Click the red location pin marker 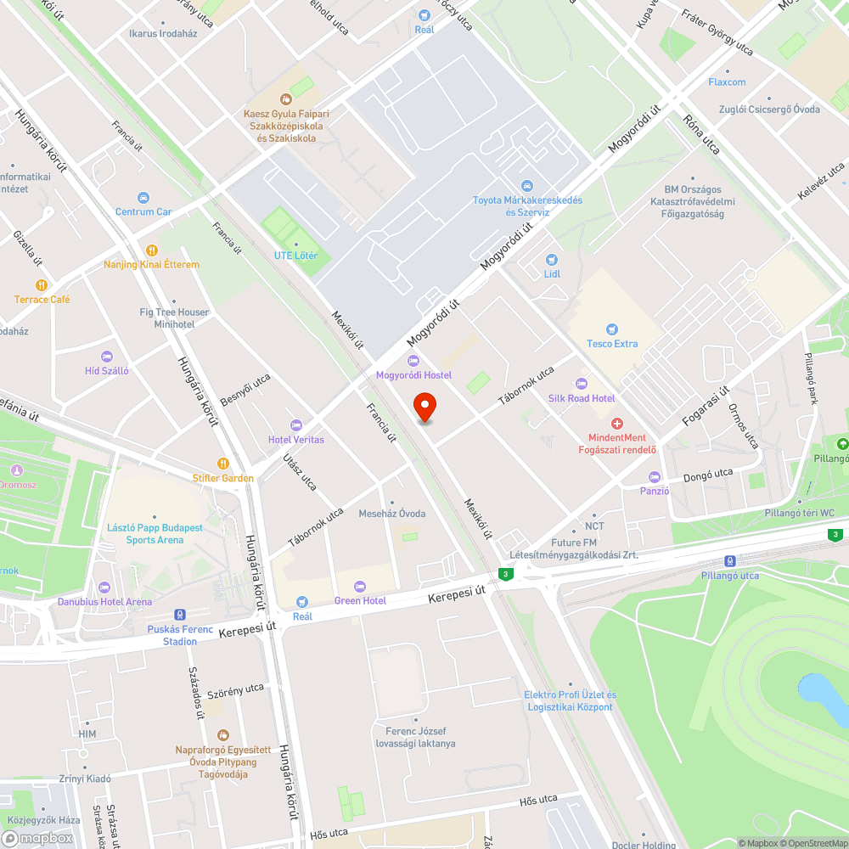click(x=424, y=407)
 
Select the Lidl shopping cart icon click(x=552, y=260)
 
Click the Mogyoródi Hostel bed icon click(x=414, y=361)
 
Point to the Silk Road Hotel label click(x=582, y=398)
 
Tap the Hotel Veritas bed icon click(x=296, y=424)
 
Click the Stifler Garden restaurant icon click(x=223, y=464)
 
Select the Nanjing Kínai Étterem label click(x=151, y=265)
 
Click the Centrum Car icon click(x=143, y=197)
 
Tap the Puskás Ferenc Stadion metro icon click(x=179, y=615)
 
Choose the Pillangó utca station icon click(x=730, y=561)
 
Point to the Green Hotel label click(x=360, y=600)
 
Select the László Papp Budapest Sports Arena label click(x=155, y=533)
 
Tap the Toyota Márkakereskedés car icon click(x=527, y=186)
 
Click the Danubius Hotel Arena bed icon click(x=104, y=588)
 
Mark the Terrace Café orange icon click(x=41, y=285)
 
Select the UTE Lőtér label click(x=295, y=256)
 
